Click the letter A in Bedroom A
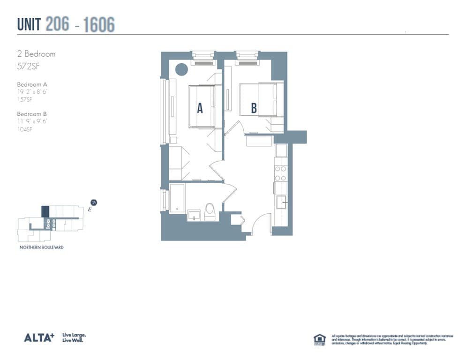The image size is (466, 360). tap(200, 108)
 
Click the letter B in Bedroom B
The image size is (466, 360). tap(254, 108)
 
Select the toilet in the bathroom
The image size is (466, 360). tap(210, 211)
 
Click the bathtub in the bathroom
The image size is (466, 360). tap(177, 198)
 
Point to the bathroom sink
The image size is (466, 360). tap(193, 215)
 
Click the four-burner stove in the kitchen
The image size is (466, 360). tap(280, 173)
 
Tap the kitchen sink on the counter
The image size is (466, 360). tap(281, 202)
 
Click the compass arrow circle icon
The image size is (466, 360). tap(94, 202)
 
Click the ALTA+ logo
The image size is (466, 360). tap(39, 337)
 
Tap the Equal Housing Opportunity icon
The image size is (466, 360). tap(319, 339)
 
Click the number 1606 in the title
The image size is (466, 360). tap(99, 24)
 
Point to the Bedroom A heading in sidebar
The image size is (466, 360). tap(32, 84)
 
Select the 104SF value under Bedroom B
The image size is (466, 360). tap(25, 129)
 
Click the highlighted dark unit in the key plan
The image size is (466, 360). tap(45, 211)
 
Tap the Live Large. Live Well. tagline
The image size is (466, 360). tap(74, 338)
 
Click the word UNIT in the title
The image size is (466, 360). tap(30, 24)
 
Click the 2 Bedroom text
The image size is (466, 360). tap(36, 54)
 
